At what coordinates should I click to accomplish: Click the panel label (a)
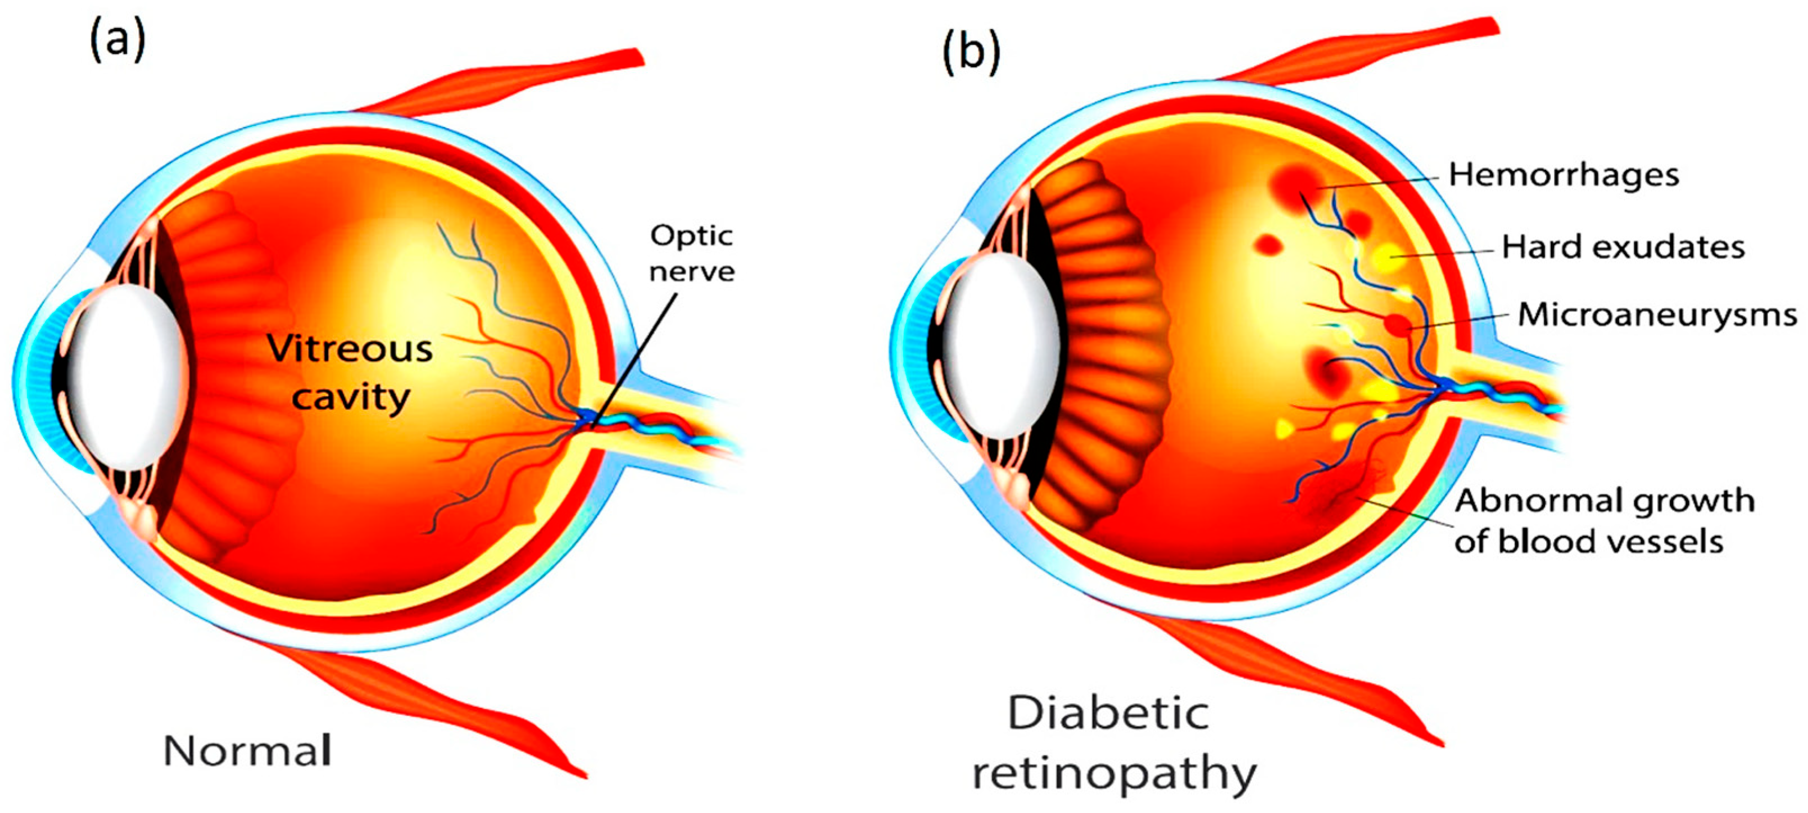117,40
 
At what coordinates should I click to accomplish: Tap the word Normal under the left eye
247,751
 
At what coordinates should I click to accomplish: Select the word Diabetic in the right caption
1108,714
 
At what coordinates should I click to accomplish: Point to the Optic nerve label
691,253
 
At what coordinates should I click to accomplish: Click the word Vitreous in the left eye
350,348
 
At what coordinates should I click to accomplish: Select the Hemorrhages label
1564,174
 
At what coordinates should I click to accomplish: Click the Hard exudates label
1623,247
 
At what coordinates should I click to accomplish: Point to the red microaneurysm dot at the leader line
1397,325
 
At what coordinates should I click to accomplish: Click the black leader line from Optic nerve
635,358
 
